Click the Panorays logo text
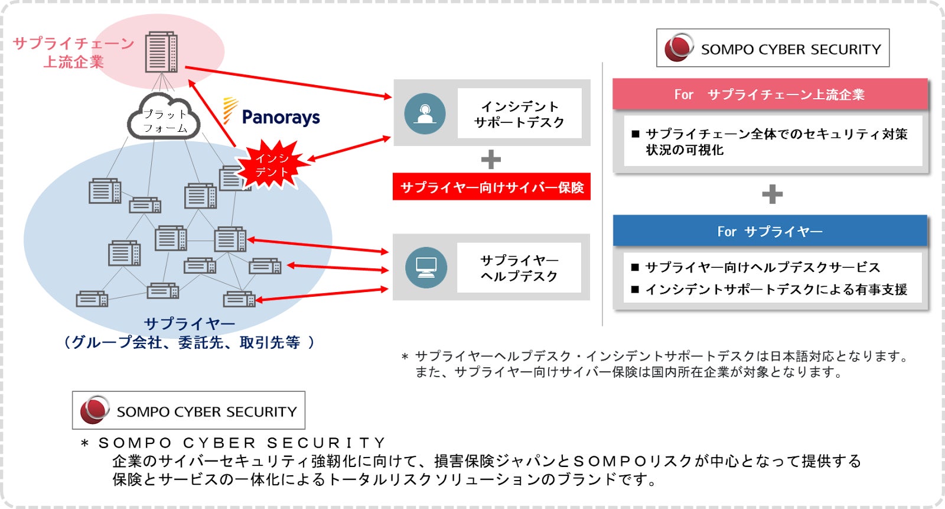pyautogui.click(x=281, y=117)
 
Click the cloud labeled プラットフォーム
pyautogui.click(x=164, y=116)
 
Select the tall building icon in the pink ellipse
pyautogui.click(x=161, y=51)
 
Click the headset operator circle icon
pyautogui.click(x=425, y=114)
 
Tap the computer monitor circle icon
pyautogui.click(x=426, y=267)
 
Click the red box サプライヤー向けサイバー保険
pyautogui.click(x=491, y=186)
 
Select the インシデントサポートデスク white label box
pyautogui.click(x=519, y=113)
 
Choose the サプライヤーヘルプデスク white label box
pyautogui.click(x=519, y=267)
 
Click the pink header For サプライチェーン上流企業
pyautogui.click(x=770, y=94)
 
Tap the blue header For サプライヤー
pyautogui.click(x=770, y=231)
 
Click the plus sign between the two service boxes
pyautogui.click(x=491, y=160)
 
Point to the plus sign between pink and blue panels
pyautogui.click(x=773, y=194)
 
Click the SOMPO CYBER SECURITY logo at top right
pyautogui.click(x=773, y=48)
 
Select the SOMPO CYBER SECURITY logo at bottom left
pyautogui.click(x=188, y=410)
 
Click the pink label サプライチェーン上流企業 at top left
pyautogui.click(x=74, y=53)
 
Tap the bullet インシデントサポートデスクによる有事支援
pyautogui.click(x=769, y=289)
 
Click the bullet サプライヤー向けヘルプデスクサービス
pyautogui.click(x=755, y=267)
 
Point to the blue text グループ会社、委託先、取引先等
pyautogui.click(x=189, y=342)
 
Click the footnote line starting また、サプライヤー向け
pyautogui.click(x=628, y=372)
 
